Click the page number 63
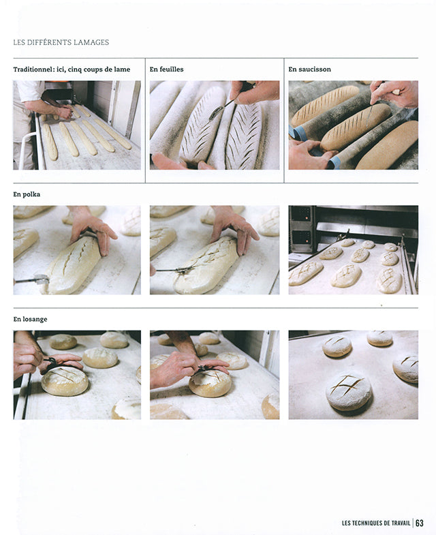[420, 523]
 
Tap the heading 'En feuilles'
[166, 69]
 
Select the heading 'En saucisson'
[309, 69]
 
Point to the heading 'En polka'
[27, 194]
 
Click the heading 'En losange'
[30, 320]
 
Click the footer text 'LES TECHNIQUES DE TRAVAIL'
[376, 523]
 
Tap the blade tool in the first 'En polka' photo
[33, 279]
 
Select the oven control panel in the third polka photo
[301, 228]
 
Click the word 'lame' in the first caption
[122, 69]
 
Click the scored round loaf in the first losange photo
[65, 381]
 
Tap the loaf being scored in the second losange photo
[210, 384]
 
